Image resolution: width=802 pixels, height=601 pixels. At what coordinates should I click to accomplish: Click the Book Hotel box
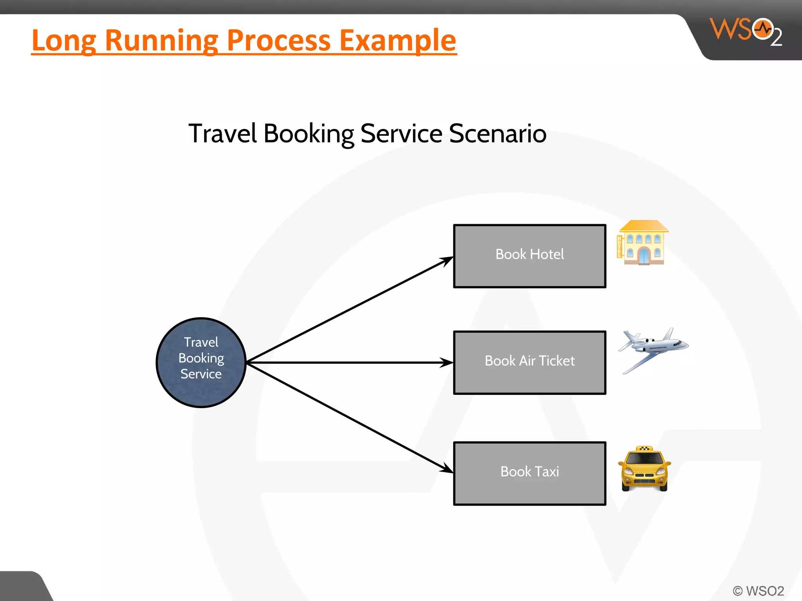(x=529, y=256)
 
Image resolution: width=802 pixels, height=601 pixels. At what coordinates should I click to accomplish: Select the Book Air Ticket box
(x=529, y=362)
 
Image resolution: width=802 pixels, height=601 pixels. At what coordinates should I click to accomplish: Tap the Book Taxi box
(x=529, y=473)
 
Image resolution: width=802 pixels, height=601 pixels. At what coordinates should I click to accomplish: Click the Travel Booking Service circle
(x=201, y=362)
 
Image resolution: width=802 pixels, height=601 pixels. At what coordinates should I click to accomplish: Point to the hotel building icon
(x=643, y=243)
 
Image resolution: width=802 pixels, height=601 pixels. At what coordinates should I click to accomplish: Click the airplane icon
(x=653, y=349)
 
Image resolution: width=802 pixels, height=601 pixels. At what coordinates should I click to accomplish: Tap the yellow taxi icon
(x=645, y=469)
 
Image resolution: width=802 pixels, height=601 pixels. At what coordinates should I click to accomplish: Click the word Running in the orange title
(x=159, y=40)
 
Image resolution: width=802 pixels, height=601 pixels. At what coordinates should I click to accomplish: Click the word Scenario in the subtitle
(x=497, y=133)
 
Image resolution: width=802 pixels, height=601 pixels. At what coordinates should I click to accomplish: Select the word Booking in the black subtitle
(x=309, y=133)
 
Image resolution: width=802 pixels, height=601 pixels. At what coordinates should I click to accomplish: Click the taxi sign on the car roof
(x=644, y=448)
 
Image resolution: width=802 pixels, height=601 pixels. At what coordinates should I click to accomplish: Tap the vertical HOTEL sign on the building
(x=620, y=247)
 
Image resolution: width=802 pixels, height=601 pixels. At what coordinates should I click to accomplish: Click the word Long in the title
(x=64, y=40)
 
